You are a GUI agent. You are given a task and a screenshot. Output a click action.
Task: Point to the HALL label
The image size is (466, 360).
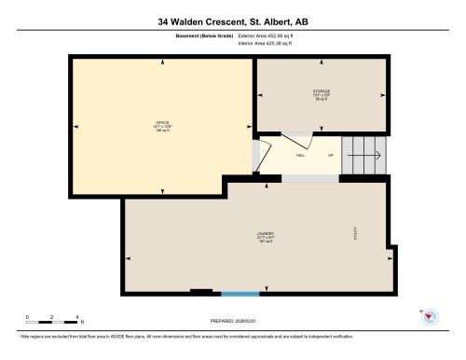point(300,157)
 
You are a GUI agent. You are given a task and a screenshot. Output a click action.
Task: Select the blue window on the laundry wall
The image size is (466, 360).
point(233,293)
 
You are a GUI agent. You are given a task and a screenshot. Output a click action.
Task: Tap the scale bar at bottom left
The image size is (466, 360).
point(53,323)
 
